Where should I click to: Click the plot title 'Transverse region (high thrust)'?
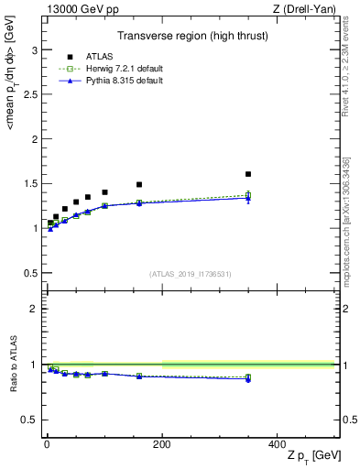[190, 38]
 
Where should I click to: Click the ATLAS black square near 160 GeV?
[139, 184]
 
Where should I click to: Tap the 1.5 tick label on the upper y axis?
[33, 183]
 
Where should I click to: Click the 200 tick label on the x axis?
[162, 443]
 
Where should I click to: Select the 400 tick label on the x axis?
[277, 443]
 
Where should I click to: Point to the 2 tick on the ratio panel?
[38, 309]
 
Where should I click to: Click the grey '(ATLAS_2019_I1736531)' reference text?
[191, 273]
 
